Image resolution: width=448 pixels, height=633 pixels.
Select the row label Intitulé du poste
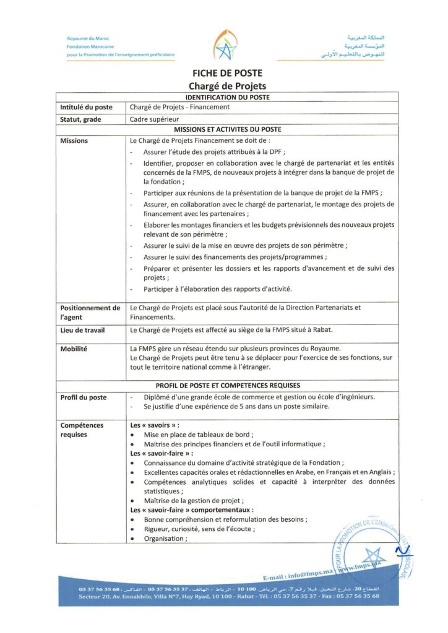[86, 107]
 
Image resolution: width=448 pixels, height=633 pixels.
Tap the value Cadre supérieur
[153, 119]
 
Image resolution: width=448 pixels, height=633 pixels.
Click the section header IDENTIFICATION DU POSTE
[227, 97]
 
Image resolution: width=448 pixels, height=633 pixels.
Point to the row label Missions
[74, 141]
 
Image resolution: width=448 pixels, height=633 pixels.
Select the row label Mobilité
[74, 349]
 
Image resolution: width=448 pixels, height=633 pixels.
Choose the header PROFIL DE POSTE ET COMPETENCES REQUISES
[227, 384]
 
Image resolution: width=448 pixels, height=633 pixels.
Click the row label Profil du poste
[84, 397]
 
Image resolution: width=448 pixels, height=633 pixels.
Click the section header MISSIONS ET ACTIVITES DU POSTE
[227, 129]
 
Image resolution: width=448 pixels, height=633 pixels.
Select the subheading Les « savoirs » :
[155, 425]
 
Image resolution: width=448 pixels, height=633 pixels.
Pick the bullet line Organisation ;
[165, 538]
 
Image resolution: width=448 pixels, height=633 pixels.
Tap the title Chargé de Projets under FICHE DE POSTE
[227, 87]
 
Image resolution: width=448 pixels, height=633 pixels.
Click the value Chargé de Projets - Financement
[179, 107]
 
